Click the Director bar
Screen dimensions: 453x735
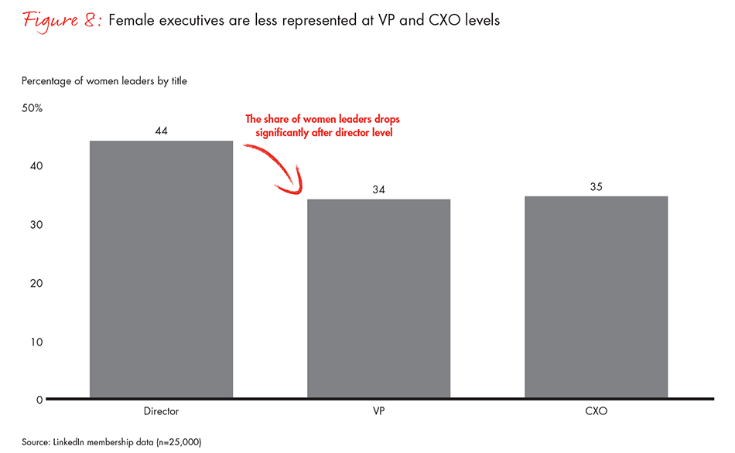coord(161,270)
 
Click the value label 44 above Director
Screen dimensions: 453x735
coord(161,131)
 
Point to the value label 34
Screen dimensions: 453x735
coord(378,189)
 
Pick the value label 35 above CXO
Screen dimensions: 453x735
coord(596,186)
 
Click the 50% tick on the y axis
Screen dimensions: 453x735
coord(32,108)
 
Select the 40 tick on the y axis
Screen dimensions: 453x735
coord(36,166)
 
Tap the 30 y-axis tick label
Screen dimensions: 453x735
coord(36,225)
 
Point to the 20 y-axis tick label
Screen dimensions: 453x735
coord(36,283)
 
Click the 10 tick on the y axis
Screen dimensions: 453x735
coord(36,342)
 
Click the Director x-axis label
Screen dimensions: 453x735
coord(161,411)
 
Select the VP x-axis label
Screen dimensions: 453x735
coord(378,411)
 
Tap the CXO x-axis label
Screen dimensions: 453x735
coord(596,411)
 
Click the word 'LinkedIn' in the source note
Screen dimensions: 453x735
coord(72,441)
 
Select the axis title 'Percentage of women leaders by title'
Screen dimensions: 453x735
coord(104,80)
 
